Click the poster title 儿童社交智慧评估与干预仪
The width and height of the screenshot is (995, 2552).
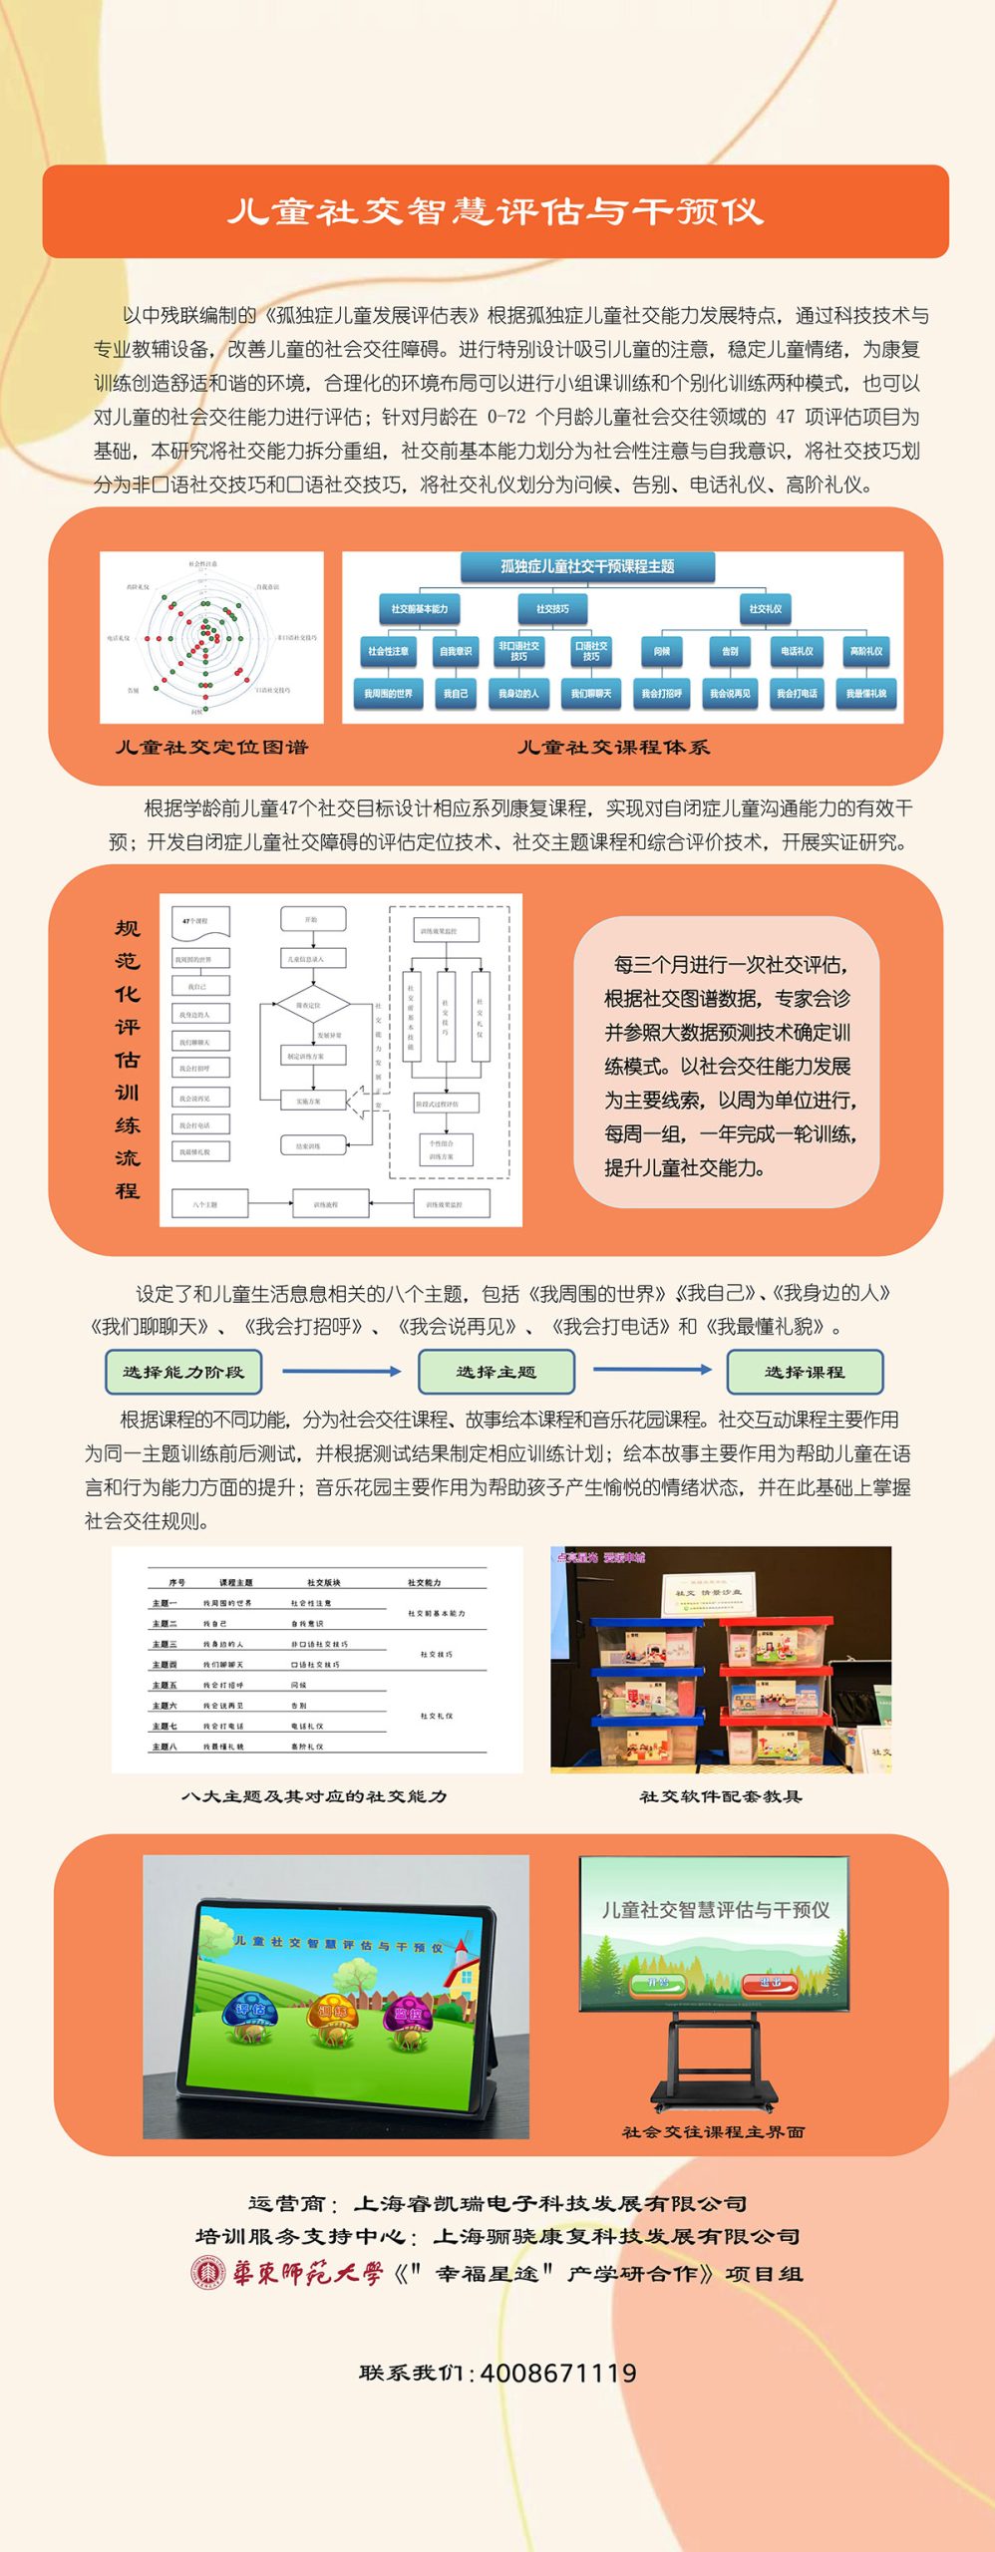[496, 211]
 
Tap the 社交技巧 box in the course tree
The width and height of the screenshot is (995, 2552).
[552, 608]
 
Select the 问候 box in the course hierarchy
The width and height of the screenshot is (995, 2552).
[661, 651]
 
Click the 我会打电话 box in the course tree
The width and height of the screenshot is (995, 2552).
[797, 693]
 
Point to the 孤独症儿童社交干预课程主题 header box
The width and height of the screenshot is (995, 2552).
[587, 566]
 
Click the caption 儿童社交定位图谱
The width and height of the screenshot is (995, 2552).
[211, 747]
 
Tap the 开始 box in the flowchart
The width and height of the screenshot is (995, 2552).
[312, 919]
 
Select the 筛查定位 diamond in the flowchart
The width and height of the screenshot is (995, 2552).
[312, 1006]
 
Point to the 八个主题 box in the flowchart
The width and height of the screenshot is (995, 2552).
[205, 1204]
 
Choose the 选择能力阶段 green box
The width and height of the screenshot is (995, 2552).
[183, 1372]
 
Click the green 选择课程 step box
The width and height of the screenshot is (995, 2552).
[805, 1372]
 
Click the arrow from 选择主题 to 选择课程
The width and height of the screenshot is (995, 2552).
[652, 1370]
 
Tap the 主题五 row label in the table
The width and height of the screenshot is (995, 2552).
[165, 1685]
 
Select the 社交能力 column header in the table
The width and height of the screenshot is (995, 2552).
[424, 1582]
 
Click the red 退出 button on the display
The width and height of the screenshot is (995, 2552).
[770, 1983]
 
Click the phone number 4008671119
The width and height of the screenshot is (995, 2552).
[558, 2373]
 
